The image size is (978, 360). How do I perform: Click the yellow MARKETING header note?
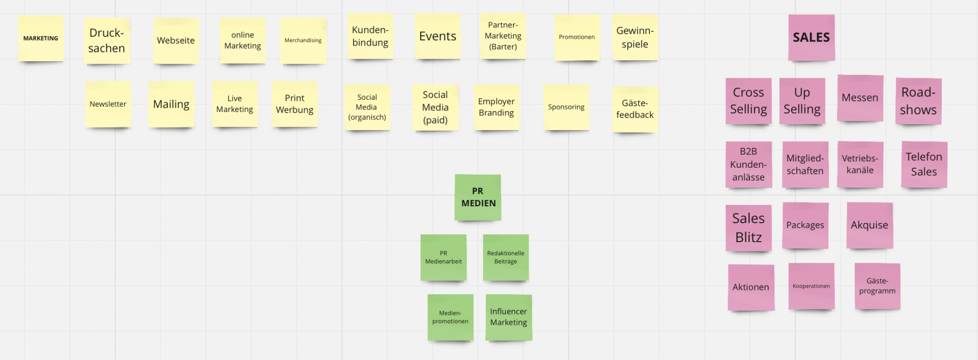41,38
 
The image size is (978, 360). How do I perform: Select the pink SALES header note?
811,38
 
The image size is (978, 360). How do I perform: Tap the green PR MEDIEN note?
478,197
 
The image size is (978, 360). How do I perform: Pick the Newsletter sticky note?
108,104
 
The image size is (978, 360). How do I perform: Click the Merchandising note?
303,41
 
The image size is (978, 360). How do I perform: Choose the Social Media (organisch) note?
367,107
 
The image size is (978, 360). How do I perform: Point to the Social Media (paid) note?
435,108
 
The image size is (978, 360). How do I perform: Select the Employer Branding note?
496,107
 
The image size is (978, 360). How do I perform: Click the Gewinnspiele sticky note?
635,38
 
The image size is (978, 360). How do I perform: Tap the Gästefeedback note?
635,109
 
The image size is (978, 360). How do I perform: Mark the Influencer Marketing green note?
509,317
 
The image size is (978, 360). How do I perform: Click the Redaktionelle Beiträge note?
506,257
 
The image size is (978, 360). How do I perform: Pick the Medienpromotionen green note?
450,317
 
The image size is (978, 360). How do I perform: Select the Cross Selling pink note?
748,101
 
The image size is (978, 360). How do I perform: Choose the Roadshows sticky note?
918,101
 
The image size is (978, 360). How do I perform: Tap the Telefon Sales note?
924,164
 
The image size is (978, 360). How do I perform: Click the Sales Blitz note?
748,228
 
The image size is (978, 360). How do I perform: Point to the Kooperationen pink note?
811,286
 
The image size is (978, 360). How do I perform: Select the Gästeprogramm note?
877,286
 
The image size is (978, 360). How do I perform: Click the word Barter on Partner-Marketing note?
503,47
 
